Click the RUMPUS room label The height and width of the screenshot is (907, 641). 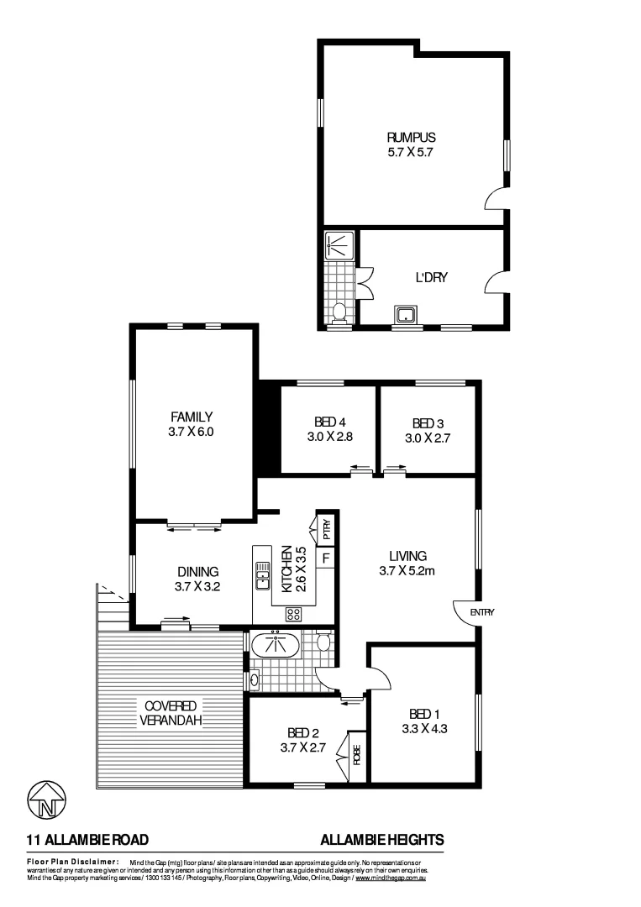[412, 138]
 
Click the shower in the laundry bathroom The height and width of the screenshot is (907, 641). [340, 245]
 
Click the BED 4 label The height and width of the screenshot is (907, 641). [328, 422]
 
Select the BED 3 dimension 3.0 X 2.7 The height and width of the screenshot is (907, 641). [429, 438]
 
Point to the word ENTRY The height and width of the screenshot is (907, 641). [482, 612]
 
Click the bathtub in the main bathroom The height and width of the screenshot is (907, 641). [276, 646]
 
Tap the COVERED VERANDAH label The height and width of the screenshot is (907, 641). [170, 713]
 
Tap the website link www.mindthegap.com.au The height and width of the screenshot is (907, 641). [391, 878]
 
